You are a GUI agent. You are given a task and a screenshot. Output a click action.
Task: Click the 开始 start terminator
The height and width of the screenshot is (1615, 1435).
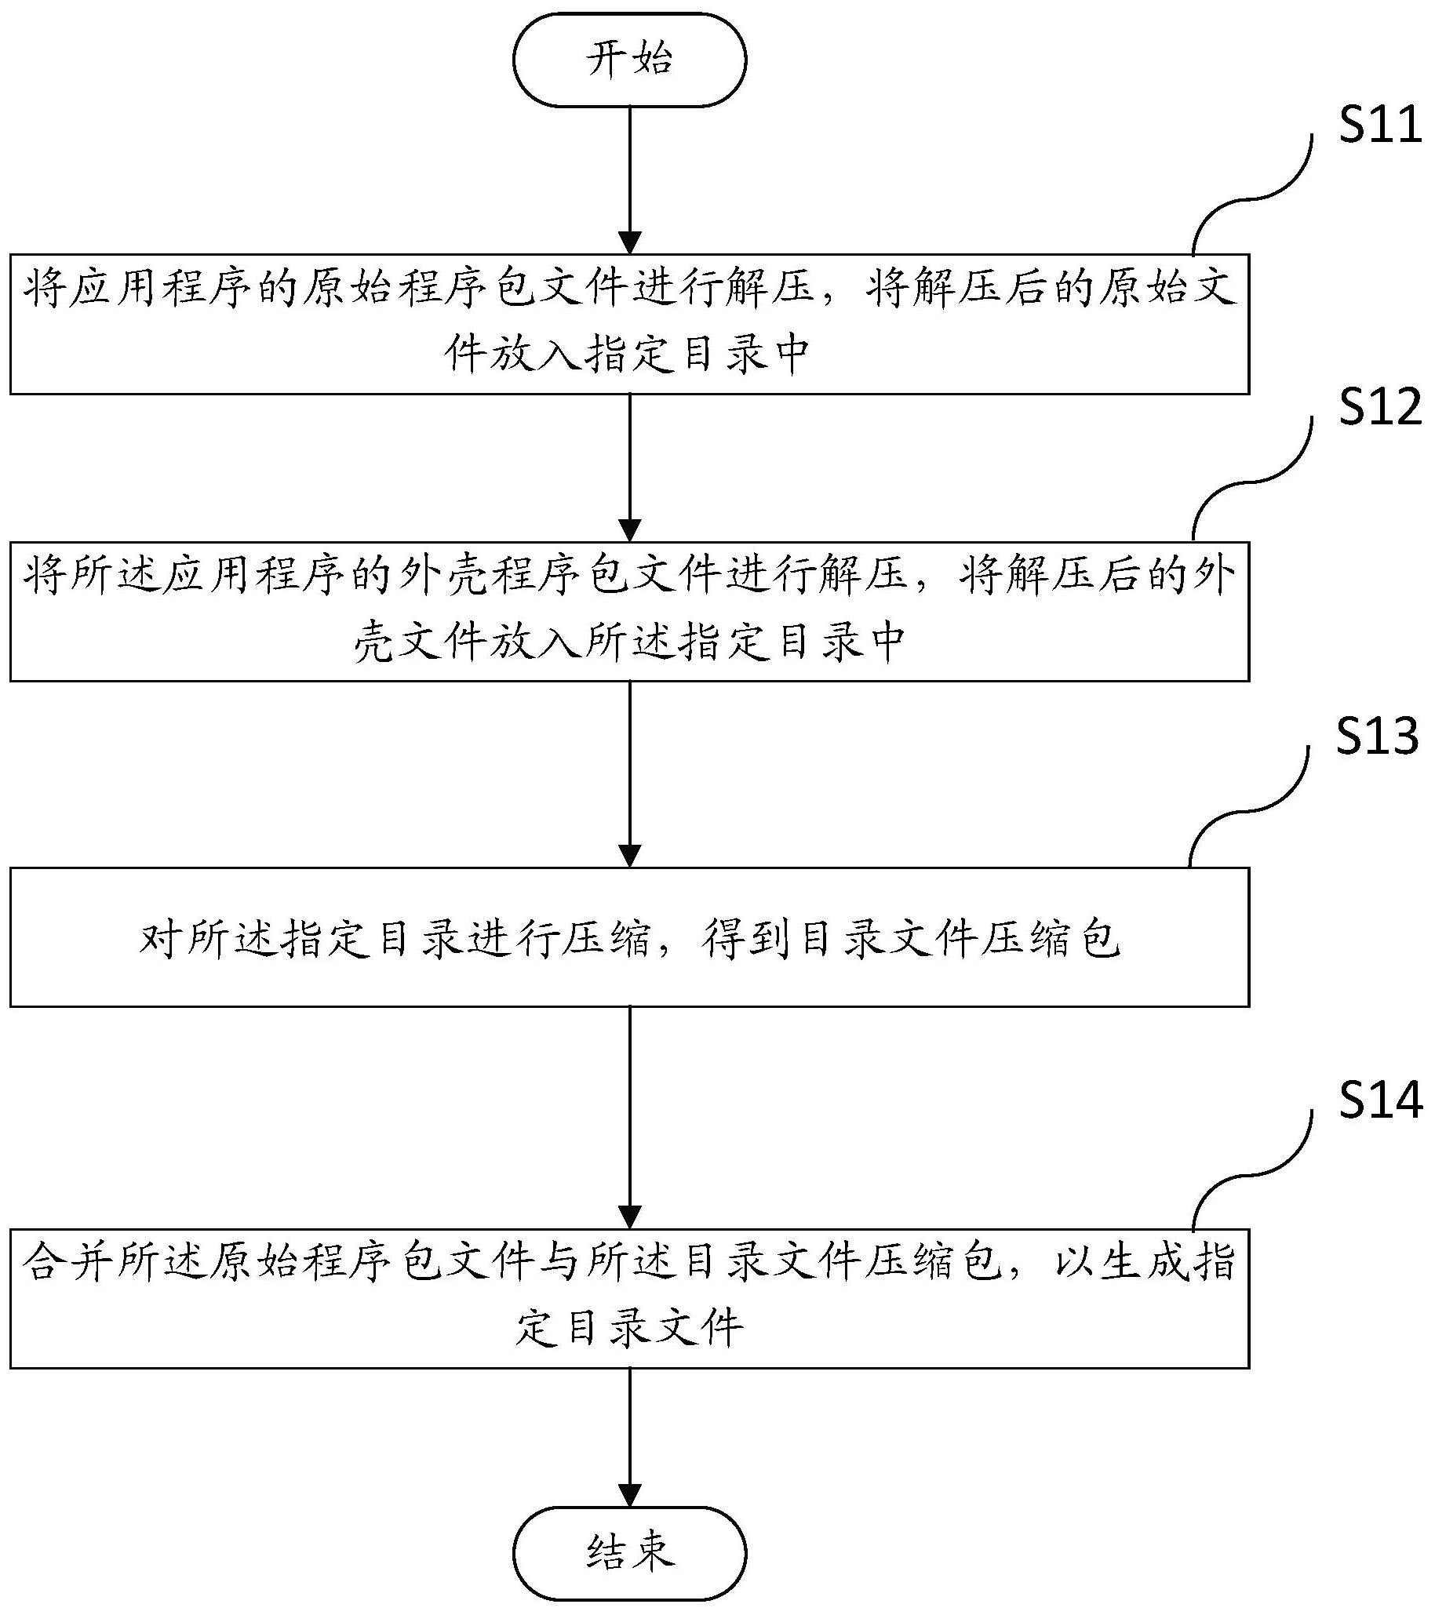630,60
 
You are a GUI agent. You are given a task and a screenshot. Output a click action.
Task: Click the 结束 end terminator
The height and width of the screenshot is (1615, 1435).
630,1551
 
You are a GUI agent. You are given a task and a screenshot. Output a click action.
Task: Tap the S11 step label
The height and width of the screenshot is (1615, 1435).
1379,125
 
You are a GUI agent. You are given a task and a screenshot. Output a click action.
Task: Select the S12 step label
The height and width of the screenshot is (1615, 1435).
1379,409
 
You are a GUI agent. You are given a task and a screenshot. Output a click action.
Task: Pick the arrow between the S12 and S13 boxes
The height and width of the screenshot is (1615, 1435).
630,774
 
